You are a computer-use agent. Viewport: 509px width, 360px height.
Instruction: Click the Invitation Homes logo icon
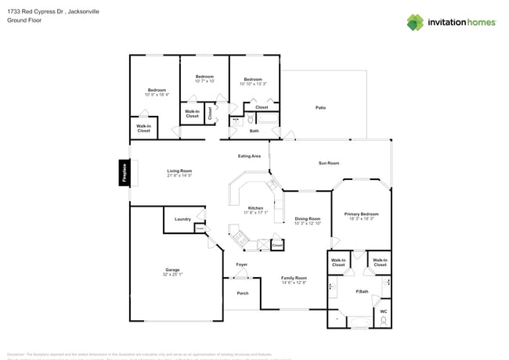pyautogui.click(x=414, y=22)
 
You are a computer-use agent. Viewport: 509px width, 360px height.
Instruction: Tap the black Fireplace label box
pyautogui.click(x=123, y=173)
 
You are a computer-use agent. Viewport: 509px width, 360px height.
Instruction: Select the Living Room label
pyautogui.click(x=179, y=171)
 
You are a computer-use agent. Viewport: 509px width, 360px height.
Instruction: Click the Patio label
pyautogui.click(x=320, y=107)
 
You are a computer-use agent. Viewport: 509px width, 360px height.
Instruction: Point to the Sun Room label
pyautogui.click(x=328, y=163)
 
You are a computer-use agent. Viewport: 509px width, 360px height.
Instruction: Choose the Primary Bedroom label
pyautogui.click(x=363, y=214)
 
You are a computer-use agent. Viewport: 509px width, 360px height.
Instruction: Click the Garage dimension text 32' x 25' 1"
pyautogui.click(x=172, y=275)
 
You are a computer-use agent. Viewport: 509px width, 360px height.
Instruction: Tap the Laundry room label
pyautogui.click(x=183, y=219)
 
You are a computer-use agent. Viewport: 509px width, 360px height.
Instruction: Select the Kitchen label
pyautogui.click(x=255, y=208)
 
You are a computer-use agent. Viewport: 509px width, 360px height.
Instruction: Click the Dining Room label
pyautogui.click(x=307, y=218)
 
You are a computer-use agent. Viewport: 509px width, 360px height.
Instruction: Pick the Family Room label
pyautogui.click(x=294, y=278)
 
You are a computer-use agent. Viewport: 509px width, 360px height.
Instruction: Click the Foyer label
pyautogui.click(x=242, y=265)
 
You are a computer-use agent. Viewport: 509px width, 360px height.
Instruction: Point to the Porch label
pyautogui.click(x=242, y=293)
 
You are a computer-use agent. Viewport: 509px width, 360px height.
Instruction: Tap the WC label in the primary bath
pyautogui.click(x=383, y=311)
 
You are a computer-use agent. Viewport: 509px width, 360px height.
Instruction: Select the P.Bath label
pyautogui.click(x=362, y=291)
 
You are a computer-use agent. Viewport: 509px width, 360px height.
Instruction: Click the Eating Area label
pyautogui.click(x=249, y=156)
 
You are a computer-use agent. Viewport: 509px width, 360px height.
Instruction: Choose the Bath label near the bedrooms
pyautogui.click(x=254, y=131)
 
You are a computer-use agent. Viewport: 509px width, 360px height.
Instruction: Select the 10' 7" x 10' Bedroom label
pyautogui.click(x=204, y=77)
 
